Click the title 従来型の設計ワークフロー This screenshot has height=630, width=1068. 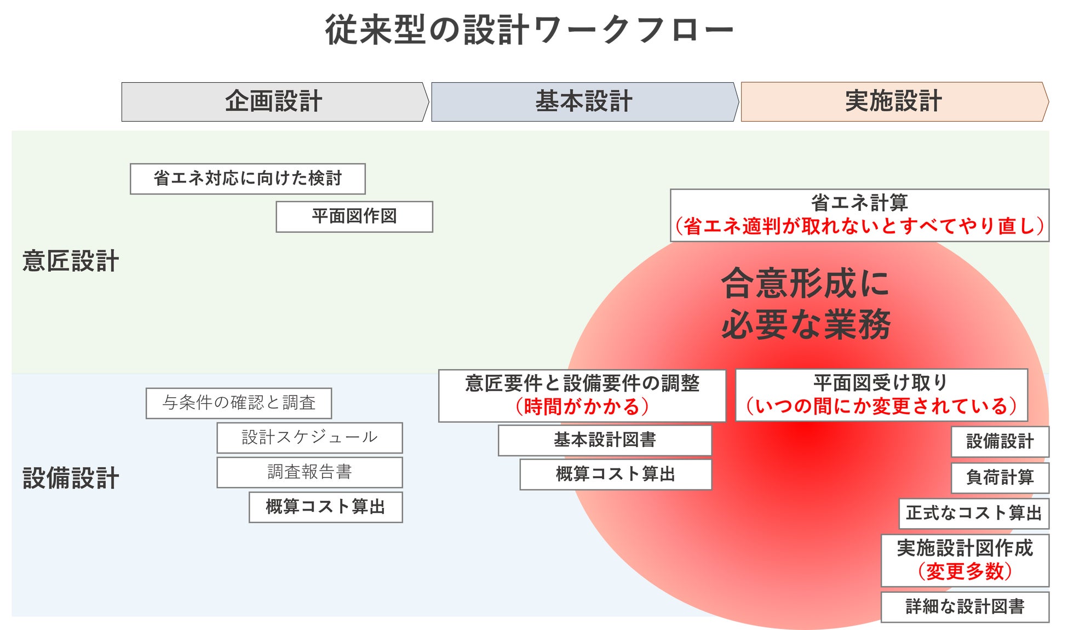[x=529, y=30]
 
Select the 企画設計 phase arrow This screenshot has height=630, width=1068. [x=274, y=102]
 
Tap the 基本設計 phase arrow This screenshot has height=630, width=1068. [x=584, y=102]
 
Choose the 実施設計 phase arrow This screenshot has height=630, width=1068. [x=893, y=102]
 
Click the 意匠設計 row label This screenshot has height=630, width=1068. [x=71, y=261]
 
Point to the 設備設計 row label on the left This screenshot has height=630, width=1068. [x=71, y=478]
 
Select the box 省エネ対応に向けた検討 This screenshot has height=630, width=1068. [x=248, y=179]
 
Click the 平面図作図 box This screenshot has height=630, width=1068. [x=354, y=216]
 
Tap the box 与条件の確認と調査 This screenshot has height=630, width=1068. [x=239, y=403]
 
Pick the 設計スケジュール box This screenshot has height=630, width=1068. [x=309, y=438]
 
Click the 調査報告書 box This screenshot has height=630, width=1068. [x=309, y=472]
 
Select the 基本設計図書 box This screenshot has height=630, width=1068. [x=605, y=440]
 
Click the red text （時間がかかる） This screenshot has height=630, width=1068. [x=582, y=406]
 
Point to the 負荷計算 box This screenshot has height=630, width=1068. [x=1000, y=478]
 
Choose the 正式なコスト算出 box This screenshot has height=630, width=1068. [x=973, y=513]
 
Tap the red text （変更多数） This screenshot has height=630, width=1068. [x=964, y=571]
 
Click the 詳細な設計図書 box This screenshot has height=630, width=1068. [x=964, y=607]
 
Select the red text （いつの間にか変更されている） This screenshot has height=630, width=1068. [x=881, y=406]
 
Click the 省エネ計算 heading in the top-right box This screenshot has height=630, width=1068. [x=859, y=203]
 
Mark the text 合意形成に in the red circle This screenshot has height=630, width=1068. [x=805, y=284]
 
